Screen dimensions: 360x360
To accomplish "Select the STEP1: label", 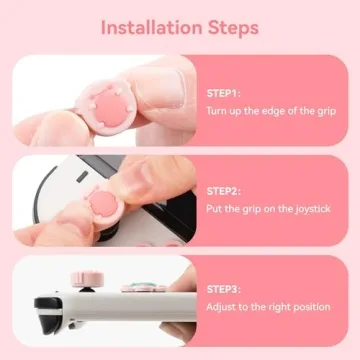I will pyautogui.click(x=225, y=92).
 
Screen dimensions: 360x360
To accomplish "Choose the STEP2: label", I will pyautogui.click(x=225, y=190).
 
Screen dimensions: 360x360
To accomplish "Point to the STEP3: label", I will pyautogui.click(x=225, y=288).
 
